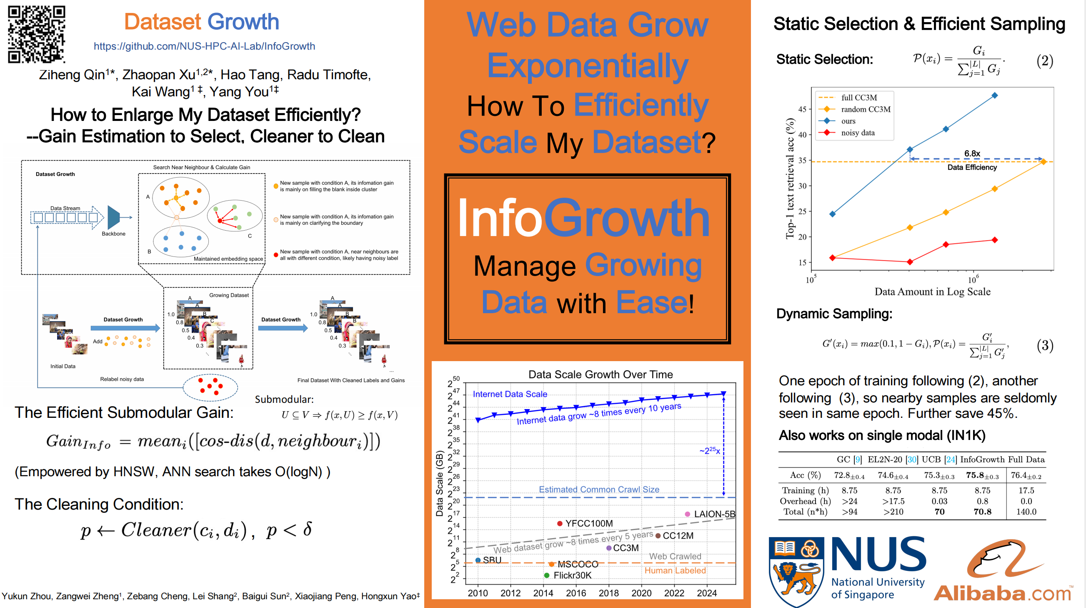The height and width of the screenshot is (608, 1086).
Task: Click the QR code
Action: click(x=37, y=34)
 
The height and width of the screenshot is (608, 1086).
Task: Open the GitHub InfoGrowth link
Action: click(x=204, y=46)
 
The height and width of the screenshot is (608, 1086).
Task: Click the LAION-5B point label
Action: click(x=714, y=514)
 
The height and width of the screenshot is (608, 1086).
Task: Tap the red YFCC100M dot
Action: click(x=559, y=524)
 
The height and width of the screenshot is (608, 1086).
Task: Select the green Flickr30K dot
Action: click(x=546, y=575)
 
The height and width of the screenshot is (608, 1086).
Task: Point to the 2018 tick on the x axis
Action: click(x=608, y=593)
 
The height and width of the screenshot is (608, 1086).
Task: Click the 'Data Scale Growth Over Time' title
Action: click(x=601, y=374)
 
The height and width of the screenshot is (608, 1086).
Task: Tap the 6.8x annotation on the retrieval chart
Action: click(x=972, y=153)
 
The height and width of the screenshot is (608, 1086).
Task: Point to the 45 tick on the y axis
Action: click(x=802, y=109)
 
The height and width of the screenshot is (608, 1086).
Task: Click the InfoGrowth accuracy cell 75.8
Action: click(x=982, y=475)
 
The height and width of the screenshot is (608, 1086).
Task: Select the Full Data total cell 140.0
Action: click(x=1026, y=512)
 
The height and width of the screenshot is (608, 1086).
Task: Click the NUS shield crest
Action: click(x=796, y=570)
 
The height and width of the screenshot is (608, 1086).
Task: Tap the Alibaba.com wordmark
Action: click(x=1003, y=593)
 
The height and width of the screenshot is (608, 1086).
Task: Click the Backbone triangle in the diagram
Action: click(x=114, y=217)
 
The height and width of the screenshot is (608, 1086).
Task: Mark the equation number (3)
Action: click(x=1045, y=346)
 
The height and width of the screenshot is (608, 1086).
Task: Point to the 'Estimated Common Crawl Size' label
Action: click(x=599, y=489)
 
